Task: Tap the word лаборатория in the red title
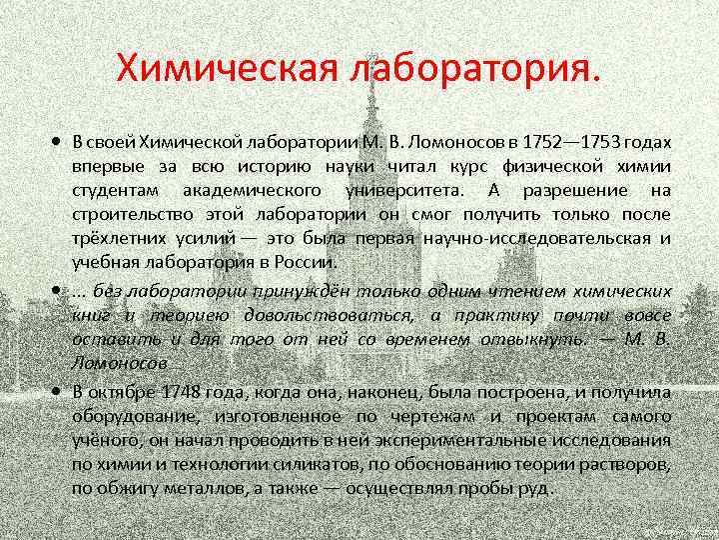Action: tap(474, 70)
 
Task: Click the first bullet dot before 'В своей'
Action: tap(61, 141)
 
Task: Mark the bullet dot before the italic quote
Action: tap(61, 291)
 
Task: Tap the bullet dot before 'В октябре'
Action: tap(61, 391)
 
